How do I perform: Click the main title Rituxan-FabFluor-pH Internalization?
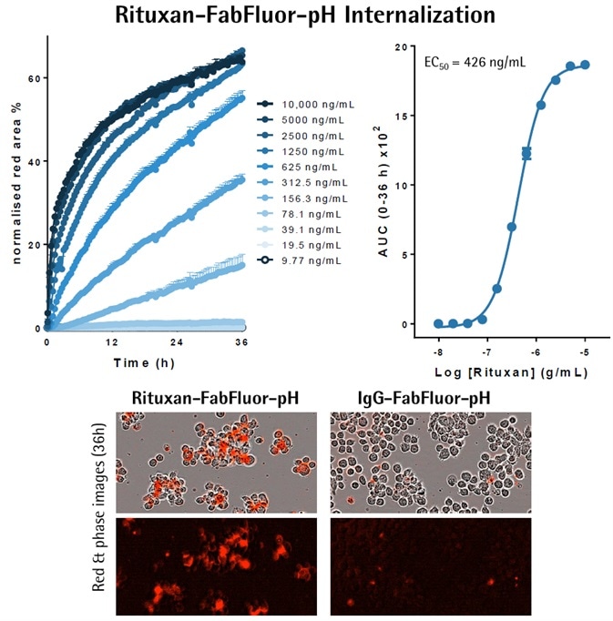pos(306,15)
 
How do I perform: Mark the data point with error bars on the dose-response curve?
pos(526,153)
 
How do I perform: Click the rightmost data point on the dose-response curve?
pos(585,65)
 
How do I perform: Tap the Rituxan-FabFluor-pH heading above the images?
pos(216,398)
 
